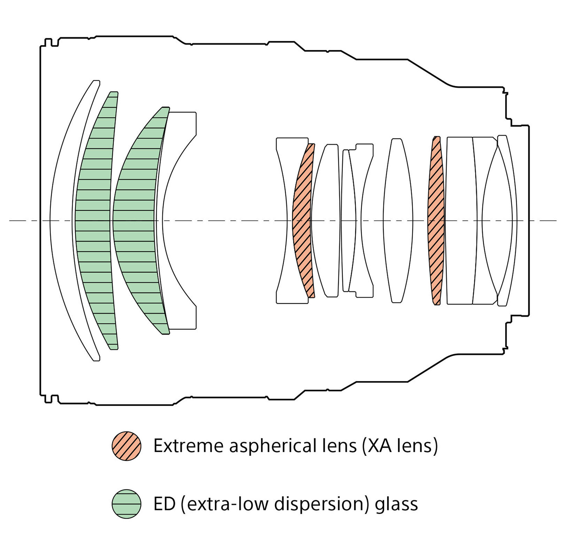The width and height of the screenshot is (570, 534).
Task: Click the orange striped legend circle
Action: click(x=127, y=446)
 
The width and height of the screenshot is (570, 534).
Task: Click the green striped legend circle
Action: click(x=127, y=504)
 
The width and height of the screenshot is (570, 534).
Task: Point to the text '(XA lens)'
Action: click(x=400, y=446)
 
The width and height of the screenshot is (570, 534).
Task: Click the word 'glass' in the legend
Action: click(x=396, y=504)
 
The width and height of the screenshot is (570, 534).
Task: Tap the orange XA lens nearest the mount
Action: click(x=436, y=220)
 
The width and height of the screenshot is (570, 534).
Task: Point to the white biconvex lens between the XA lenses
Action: click(x=398, y=220)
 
